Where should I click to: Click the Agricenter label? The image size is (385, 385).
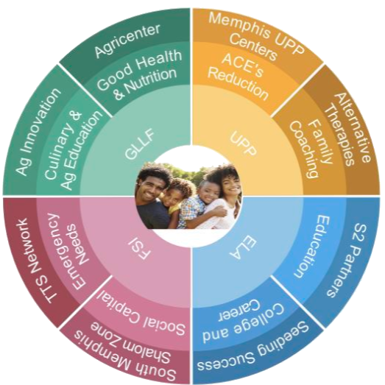click(x=127, y=40)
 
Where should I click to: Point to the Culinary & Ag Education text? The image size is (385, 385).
click(x=73, y=149)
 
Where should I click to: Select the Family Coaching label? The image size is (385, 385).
click(x=311, y=149)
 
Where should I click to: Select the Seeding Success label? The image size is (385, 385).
click(x=253, y=347)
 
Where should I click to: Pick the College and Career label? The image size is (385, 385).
click(x=243, y=320)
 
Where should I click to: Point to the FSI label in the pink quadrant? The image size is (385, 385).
click(x=139, y=250)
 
